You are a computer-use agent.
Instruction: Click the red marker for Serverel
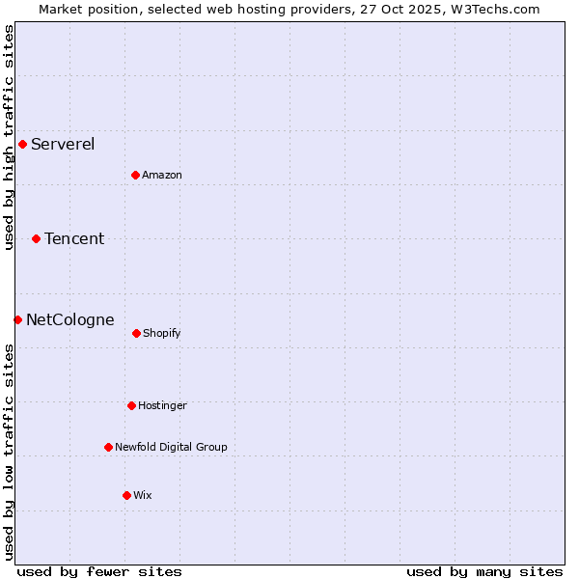click(22, 145)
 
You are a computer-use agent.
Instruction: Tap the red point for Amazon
click(135, 175)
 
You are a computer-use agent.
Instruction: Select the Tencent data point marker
click(36, 238)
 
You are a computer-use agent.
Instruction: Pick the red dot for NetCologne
click(17, 319)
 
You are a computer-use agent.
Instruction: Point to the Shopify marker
click(136, 333)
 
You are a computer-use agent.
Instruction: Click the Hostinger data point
click(131, 405)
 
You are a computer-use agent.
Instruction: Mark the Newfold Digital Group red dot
click(108, 447)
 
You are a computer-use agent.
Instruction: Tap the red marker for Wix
click(126, 495)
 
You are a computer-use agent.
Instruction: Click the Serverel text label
click(63, 145)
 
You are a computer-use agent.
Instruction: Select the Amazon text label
click(162, 175)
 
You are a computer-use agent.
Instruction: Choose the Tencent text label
click(74, 238)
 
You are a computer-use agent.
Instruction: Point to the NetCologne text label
click(69, 319)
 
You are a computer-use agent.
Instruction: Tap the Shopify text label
click(162, 333)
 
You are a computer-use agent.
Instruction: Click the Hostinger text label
click(162, 405)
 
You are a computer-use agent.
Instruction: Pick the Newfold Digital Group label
click(171, 447)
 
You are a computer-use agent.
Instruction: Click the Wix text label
click(143, 495)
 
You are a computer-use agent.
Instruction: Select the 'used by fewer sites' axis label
click(99, 571)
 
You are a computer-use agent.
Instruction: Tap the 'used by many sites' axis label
click(484, 571)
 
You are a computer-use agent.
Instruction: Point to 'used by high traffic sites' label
click(10, 137)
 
